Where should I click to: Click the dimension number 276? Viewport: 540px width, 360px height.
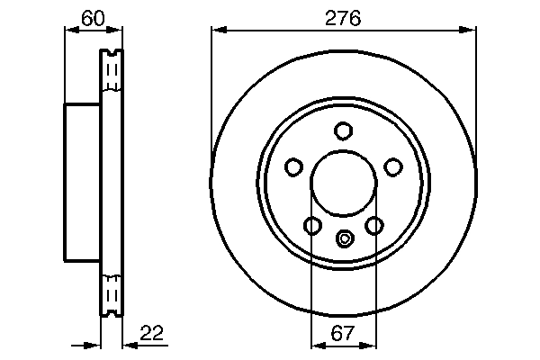pos(343,18)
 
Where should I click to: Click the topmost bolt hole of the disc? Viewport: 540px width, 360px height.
pos(343,131)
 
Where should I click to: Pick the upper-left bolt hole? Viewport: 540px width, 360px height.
pos(293,166)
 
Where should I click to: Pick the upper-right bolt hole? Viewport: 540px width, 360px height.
pos(392,166)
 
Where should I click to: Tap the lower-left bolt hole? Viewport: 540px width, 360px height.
pos(312,225)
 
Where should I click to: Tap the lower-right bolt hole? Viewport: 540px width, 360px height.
pos(373,225)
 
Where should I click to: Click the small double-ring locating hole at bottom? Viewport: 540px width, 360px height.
pos(343,238)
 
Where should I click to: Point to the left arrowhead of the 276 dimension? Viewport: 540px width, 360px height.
pos(216,30)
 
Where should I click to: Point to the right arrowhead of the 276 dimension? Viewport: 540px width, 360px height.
pos(470,30)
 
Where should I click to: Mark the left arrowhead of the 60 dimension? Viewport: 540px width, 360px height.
pos(69,30)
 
